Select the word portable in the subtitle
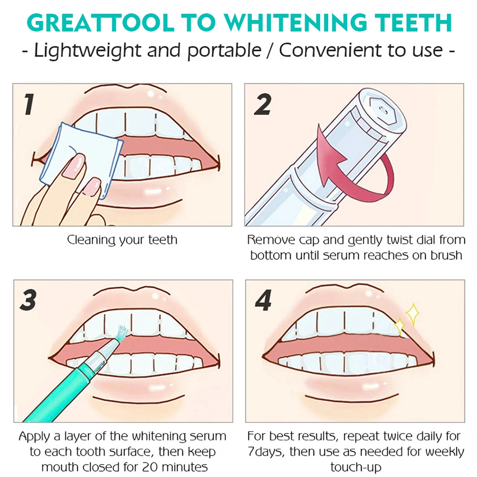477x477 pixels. pos(227,51)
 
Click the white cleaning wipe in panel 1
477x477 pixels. pos(79,153)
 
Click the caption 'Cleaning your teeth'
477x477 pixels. pos(122,239)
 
